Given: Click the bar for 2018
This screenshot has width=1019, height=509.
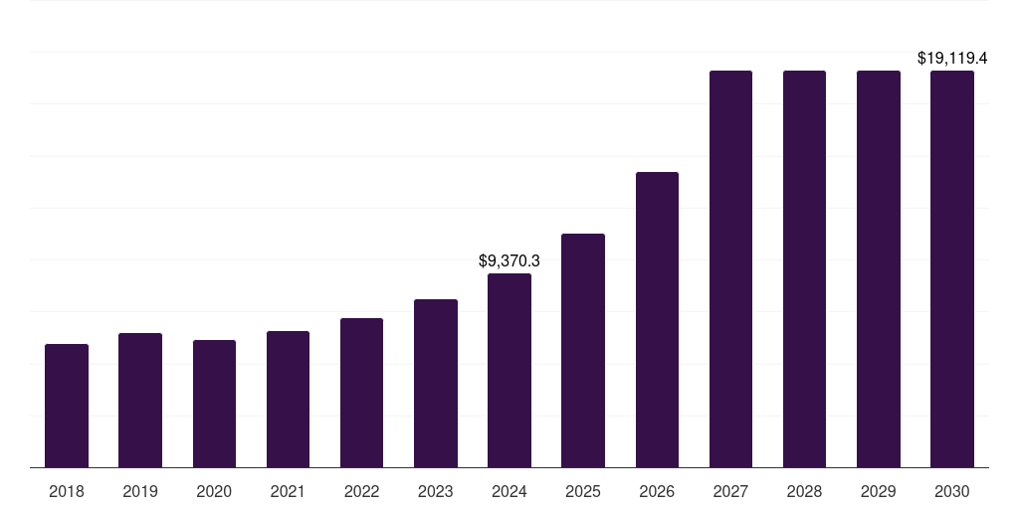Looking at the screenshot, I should [67, 406].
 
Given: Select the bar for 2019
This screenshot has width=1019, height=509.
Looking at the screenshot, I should [140, 400].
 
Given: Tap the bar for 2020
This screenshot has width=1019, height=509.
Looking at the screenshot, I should [214, 404].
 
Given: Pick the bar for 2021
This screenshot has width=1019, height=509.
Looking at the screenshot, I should [288, 399].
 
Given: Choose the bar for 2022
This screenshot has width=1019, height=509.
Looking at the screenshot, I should [361, 393].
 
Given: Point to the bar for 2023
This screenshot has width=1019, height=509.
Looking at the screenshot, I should [436, 383].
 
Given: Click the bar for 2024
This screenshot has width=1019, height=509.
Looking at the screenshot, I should [509, 370].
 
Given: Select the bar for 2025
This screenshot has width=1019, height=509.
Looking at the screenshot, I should [583, 350].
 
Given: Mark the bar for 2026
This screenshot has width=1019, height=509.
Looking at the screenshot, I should [657, 319].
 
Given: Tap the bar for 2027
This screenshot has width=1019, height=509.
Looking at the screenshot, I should [730, 268].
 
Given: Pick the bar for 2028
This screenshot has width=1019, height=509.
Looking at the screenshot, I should [804, 268].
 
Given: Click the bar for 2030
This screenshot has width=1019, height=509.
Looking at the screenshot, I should [952, 268].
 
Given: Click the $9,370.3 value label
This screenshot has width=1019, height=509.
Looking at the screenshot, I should [509, 260].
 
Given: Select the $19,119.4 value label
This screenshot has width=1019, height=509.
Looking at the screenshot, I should [952, 59].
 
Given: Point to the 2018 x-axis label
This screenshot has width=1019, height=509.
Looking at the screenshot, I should [67, 491].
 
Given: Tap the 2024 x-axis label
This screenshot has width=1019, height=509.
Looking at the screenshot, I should [509, 491].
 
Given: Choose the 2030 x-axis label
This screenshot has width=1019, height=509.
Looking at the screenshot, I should [952, 491].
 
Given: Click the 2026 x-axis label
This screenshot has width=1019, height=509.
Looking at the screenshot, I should [657, 491].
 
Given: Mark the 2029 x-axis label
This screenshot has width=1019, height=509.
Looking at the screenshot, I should [879, 491].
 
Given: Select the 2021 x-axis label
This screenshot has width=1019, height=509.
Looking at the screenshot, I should [288, 491].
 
